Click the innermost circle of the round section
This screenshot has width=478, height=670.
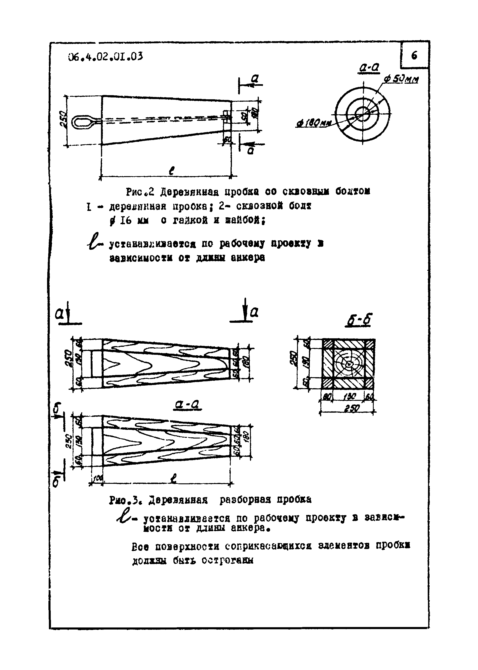pos(364,113)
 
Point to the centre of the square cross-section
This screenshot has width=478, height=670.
pos(349,364)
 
